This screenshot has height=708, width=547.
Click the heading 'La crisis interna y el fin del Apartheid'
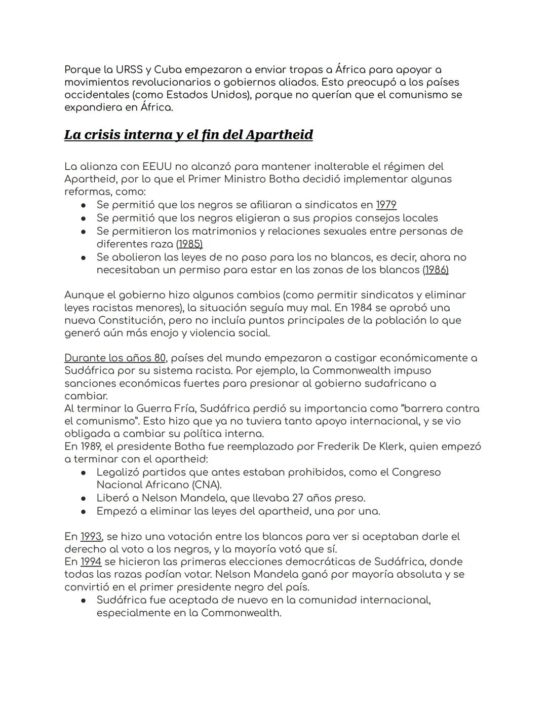click(x=188, y=135)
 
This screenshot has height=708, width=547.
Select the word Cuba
click(x=168, y=69)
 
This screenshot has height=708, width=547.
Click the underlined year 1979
click(x=386, y=205)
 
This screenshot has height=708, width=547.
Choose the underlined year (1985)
click(x=189, y=244)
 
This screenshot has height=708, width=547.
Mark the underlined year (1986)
click(x=436, y=270)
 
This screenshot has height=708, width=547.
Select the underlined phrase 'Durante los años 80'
click(x=115, y=358)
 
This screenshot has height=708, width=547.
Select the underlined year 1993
click(x=91, y=536)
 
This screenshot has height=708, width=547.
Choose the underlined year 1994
click(x=91, y=562)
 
